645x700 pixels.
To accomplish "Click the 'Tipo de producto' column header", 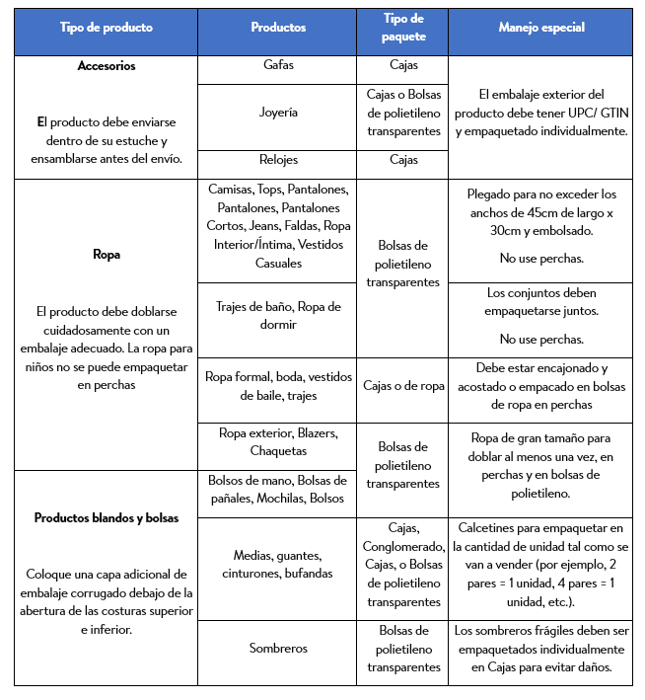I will (106, 29).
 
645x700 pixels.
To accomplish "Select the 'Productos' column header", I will (277, 29).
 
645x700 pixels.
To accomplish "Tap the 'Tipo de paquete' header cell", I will (402, 29).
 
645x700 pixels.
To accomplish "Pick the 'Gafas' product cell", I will (277, 65).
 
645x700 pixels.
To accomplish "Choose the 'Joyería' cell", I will (277, 113).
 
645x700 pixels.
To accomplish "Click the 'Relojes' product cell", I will (277, 159).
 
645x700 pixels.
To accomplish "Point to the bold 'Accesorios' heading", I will (106, 66).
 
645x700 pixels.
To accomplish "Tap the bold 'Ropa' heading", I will (106, 254).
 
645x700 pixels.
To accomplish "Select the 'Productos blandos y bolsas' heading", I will (106, 517).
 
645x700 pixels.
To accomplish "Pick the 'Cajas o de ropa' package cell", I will (402, 386).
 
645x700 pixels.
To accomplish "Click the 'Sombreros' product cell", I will (277, 649).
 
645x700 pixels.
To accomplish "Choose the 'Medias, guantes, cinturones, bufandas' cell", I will (277, 565).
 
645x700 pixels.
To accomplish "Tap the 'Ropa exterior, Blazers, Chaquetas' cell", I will (277, 441).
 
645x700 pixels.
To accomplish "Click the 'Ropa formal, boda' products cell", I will (277, 386).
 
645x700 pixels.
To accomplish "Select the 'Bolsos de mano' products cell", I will (277, 490).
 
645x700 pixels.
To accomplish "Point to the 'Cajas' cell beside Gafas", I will (402, 65).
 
